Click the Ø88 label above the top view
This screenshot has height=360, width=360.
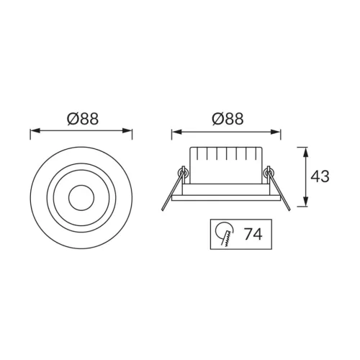[x=83, y=119]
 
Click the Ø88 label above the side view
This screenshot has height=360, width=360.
[x=228, y=119]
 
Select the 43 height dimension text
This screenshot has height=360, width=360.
[x=320, y=176]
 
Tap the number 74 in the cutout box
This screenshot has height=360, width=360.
[x=253, y=234]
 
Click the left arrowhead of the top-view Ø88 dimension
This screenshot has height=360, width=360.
[x=35, y=131]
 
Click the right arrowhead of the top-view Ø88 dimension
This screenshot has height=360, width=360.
[x=127, y=131]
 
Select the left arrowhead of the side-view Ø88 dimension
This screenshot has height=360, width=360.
[x=176, y=132]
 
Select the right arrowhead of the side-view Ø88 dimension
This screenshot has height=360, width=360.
[x=276, y=132]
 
